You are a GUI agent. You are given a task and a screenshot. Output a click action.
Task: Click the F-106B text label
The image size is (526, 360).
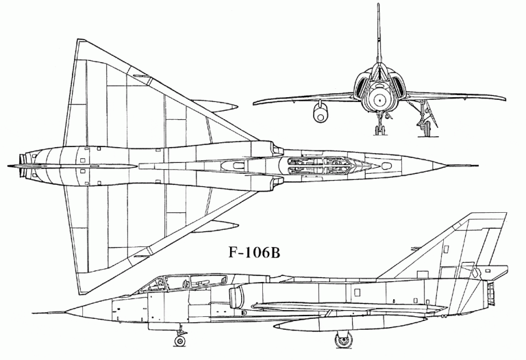pyautogui.click(x=254, y=253)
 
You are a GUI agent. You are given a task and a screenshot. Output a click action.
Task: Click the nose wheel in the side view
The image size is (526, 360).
pyautogui.click(x=180, y=341)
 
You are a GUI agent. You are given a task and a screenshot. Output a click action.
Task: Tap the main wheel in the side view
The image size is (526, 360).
pyautogui.click(x=344, y=339)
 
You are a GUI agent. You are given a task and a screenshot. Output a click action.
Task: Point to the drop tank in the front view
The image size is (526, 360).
pyautogui.click(x=321, y=112)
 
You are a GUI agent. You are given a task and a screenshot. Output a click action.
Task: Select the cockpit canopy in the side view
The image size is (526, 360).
pyautogui.click(x=188, y=282)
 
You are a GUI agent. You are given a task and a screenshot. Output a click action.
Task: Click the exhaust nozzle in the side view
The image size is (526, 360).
pyautogui.click(x=491, y=294)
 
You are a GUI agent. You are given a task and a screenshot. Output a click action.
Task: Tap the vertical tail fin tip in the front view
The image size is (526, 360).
pyautogui.click(x=378, y=5)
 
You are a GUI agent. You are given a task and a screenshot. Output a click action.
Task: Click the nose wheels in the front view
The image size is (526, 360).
pyautogui.click(x=379, y=129)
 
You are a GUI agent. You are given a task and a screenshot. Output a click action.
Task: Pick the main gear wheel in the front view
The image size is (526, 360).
pyautogui.click(x=427, y=129)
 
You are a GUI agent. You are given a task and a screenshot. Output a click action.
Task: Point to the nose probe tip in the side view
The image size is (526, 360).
pyautogui.click(x=34, y=313)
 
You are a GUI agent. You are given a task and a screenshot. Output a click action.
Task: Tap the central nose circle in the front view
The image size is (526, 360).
pyautogui.click(x=379, y=99)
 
